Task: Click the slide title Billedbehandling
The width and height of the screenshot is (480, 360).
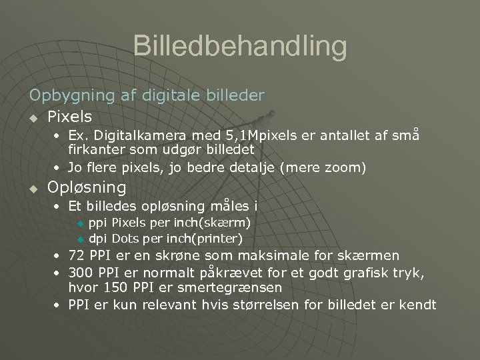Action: coord(240,47)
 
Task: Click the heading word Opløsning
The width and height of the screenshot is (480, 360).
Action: coord(87,187)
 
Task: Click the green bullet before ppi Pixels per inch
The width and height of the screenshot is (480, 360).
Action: coord(81,223)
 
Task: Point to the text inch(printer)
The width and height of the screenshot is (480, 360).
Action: coord(204,238)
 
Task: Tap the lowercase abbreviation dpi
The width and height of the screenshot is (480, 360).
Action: coord(98,238)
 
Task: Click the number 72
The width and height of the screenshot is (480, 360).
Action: coord(77,255)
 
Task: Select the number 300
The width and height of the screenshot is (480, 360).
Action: coord(80,273)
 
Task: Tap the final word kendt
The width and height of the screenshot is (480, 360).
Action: coord(417,305)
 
